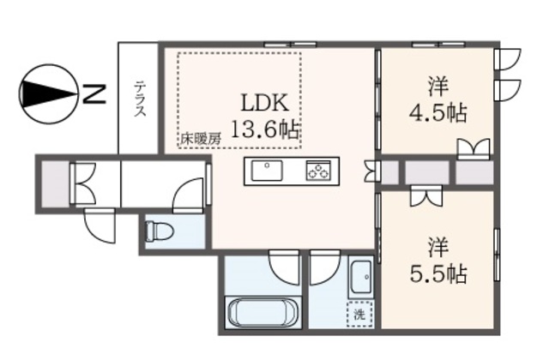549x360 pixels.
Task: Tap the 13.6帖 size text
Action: click(x=266, y=129)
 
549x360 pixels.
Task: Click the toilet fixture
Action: click(x=159, y=231)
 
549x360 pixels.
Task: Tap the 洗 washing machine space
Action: click(x=359, y=314)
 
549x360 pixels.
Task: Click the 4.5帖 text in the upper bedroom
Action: click(x=436, y=111)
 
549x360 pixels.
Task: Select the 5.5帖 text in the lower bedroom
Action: click(x=437, y=274)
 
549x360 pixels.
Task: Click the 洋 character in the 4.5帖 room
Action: click(x=437, y=86)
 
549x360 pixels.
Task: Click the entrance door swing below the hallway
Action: click(x=98, y=226)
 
